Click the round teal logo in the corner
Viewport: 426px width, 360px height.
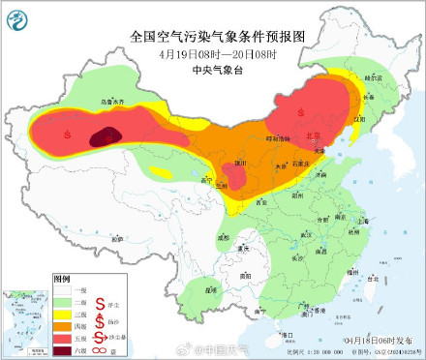pyautogui.click(x=18, y=17)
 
